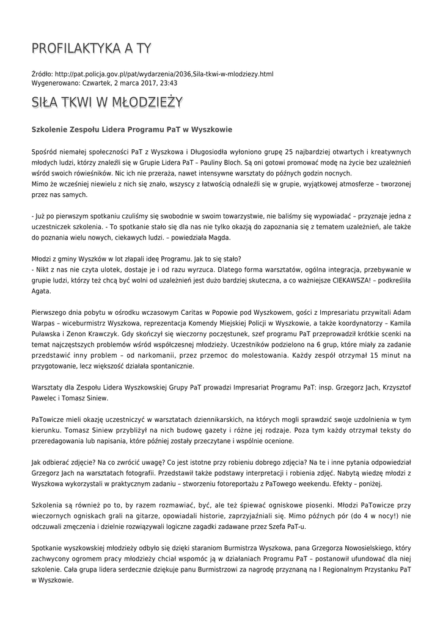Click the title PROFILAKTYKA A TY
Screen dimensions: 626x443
pyautogui.click(x=92, y=48)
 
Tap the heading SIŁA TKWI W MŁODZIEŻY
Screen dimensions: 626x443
pyautogui.click(x=107, y=103)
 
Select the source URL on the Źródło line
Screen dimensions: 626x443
pyautogui.click(x=164, y=74)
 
